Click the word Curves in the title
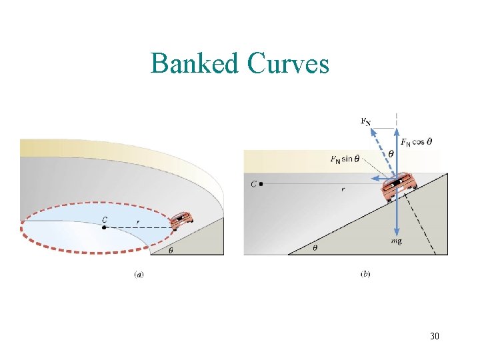click(x=288, y=64)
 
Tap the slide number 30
click(x=434, y=336)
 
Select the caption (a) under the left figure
click(x=139, y=273)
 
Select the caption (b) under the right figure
click(x=365, y=273)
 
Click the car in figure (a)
click(x=181, y=220)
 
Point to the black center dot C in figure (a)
click(x=105, y=228)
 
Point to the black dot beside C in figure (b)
click(x=261, y=183)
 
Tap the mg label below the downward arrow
click(x=397, y=241)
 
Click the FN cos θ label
click(x=417, y=141)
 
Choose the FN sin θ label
click(x=345, y=159)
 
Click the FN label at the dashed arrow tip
click(x=365, y=121)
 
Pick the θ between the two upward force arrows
click(x=391, y=153)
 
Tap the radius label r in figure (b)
click(x=343, y=189)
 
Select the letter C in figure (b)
click(x=253, y=183)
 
